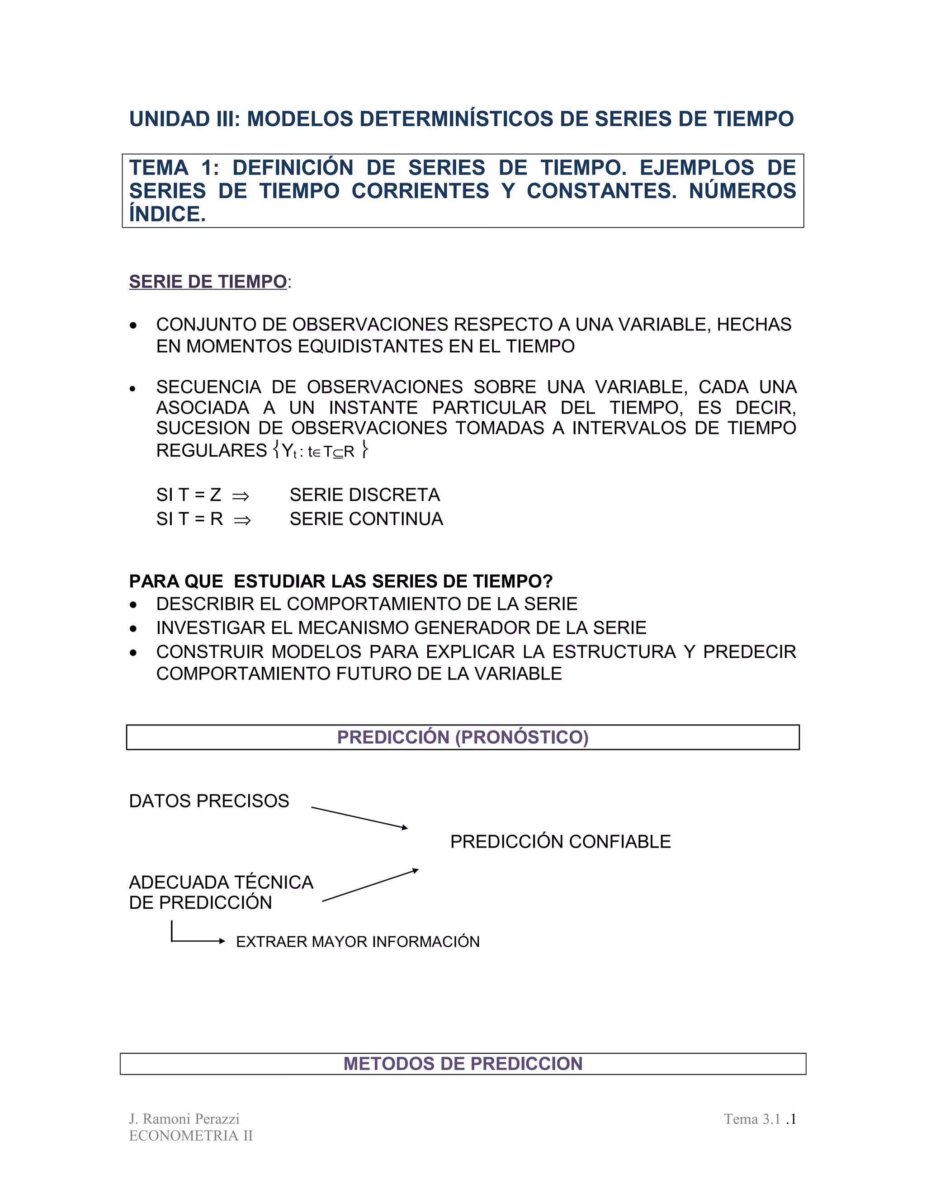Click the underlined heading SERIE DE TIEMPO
[208, 282]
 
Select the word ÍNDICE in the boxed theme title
[167, 214]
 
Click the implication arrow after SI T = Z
[240, 496]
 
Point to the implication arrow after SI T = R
[242, 520]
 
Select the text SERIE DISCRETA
[364, 495]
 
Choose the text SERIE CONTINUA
[366, 519]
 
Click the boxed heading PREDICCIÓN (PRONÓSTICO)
[463, 737]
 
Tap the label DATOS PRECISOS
[209, 801]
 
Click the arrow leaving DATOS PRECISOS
[359, 817]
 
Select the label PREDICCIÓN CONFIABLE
[560, 841]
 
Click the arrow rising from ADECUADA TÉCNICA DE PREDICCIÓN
[370, 885]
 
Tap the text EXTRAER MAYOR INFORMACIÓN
[358, 942]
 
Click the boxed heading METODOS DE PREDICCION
[463, 1064]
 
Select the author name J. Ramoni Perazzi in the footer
[184, 1119]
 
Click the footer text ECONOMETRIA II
[191, 1136]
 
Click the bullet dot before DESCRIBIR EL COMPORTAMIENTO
[133, 605]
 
